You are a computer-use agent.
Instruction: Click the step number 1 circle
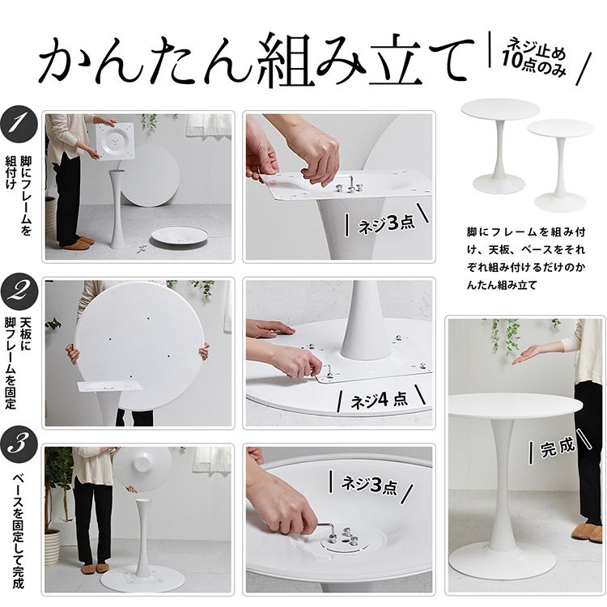point(19,125)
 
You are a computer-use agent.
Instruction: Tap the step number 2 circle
point(19,293)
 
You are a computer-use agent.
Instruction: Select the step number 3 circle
point(19,444)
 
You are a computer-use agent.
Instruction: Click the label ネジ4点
point(380,400)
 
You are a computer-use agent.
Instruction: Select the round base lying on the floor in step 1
point(180,236)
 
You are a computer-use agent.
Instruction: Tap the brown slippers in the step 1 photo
point(79,243)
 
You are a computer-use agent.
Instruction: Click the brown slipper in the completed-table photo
point(587,532)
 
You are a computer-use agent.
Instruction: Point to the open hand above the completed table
point(531,356)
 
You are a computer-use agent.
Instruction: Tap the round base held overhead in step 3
point(142,469)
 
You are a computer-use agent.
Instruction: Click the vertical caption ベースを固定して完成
point(18,531)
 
